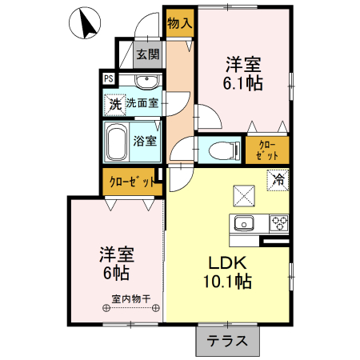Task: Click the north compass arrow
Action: coord(82,24)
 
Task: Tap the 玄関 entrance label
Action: coord(146,55)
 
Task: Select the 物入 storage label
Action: coord(179,23)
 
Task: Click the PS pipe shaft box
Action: coord(108,78)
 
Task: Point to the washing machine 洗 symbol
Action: coord(114,103)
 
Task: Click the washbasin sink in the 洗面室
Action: coord(145,83)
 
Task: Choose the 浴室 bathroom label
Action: coord(146,141)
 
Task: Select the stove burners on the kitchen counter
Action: coord(278,222)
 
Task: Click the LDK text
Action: coord(227,263)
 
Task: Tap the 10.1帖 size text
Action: coord(227,282)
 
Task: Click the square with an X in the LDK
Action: coord(243,195)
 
